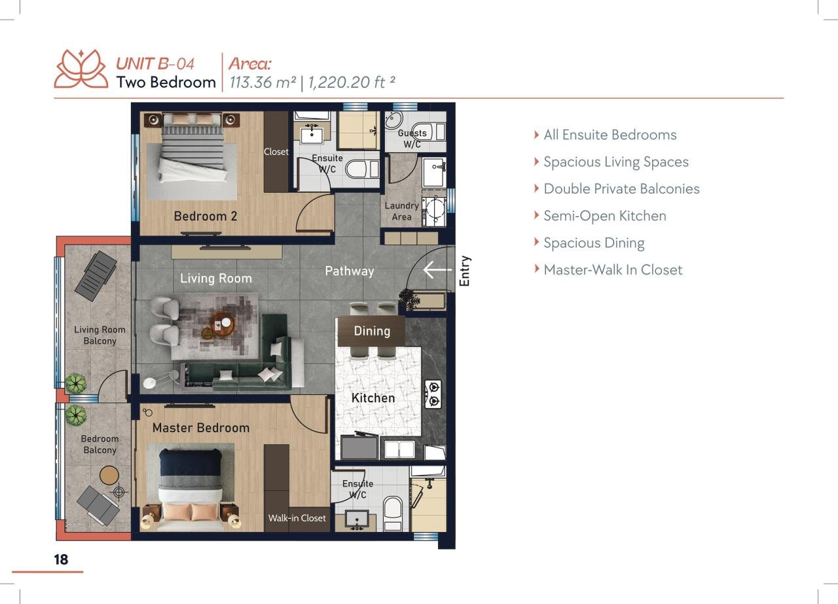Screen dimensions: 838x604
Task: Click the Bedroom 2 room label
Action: tap(206, 216)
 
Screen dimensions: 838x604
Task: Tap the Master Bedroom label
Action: tap(201, 428)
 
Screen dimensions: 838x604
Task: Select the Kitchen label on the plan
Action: tap(373, 398)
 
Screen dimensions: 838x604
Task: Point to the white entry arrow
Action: tap(437, 269)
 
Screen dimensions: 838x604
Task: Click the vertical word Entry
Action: tap(464, 271)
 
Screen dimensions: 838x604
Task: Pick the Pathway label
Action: tap(350, 271)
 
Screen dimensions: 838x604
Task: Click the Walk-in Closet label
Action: tap(297, 518)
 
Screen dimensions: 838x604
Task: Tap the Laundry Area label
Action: tap(401, 211)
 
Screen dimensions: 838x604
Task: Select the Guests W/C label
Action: tap(412, 138)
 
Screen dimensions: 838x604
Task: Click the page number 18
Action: tap(61, 559)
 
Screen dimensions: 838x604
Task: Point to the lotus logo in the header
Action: tap(81, 69)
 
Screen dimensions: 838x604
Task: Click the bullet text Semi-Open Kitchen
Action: tap(604, 216)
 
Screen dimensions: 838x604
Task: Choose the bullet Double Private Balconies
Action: tap(621, 189)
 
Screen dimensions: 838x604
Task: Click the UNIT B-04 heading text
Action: tap(155, 64)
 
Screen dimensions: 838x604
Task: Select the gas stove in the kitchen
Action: tap(433, 394)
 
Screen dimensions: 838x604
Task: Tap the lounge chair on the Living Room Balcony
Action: tap(96, 276)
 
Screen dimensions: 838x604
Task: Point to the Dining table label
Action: tap(372, 331)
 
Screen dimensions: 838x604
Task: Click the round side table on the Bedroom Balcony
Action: tap(109, 475)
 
